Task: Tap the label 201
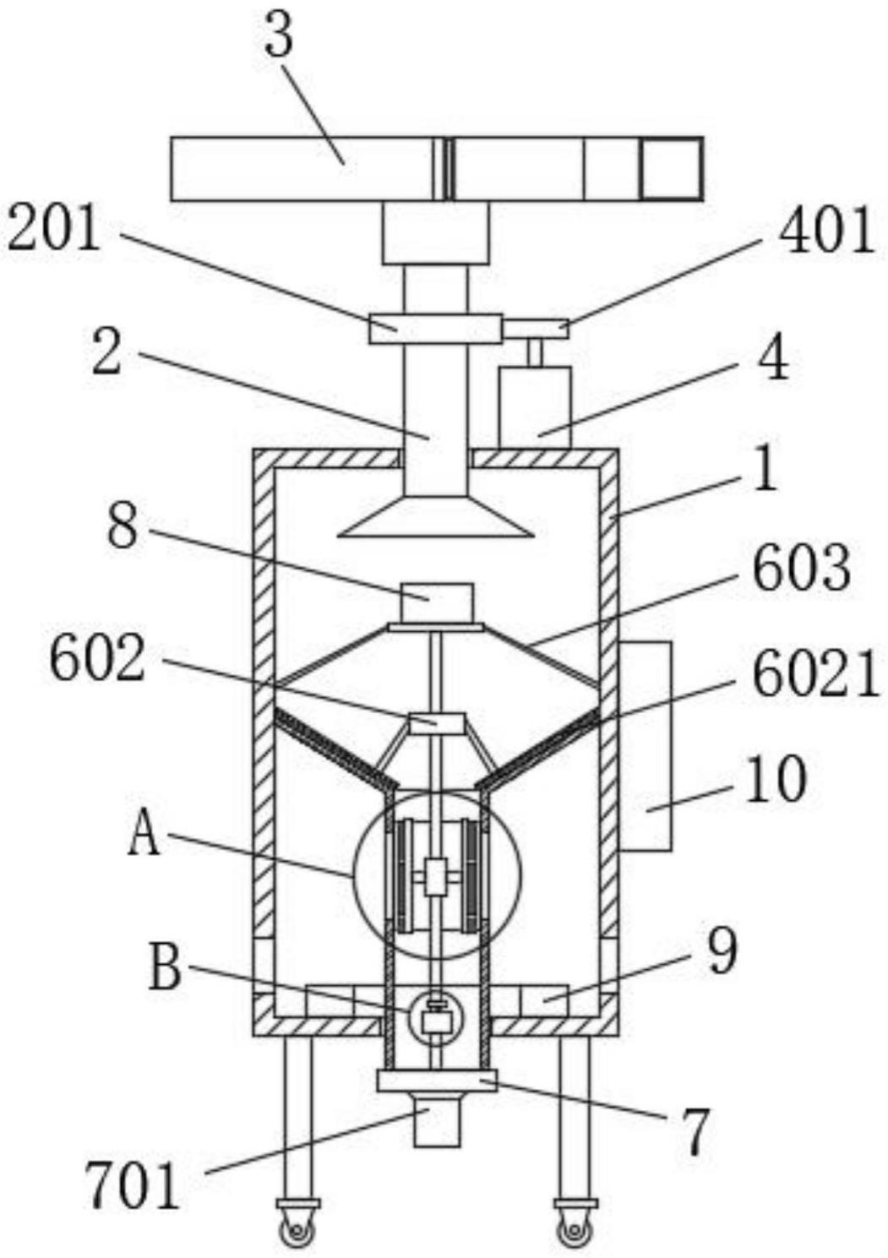(x=52, y=230)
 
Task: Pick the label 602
(x=97, y=660)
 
